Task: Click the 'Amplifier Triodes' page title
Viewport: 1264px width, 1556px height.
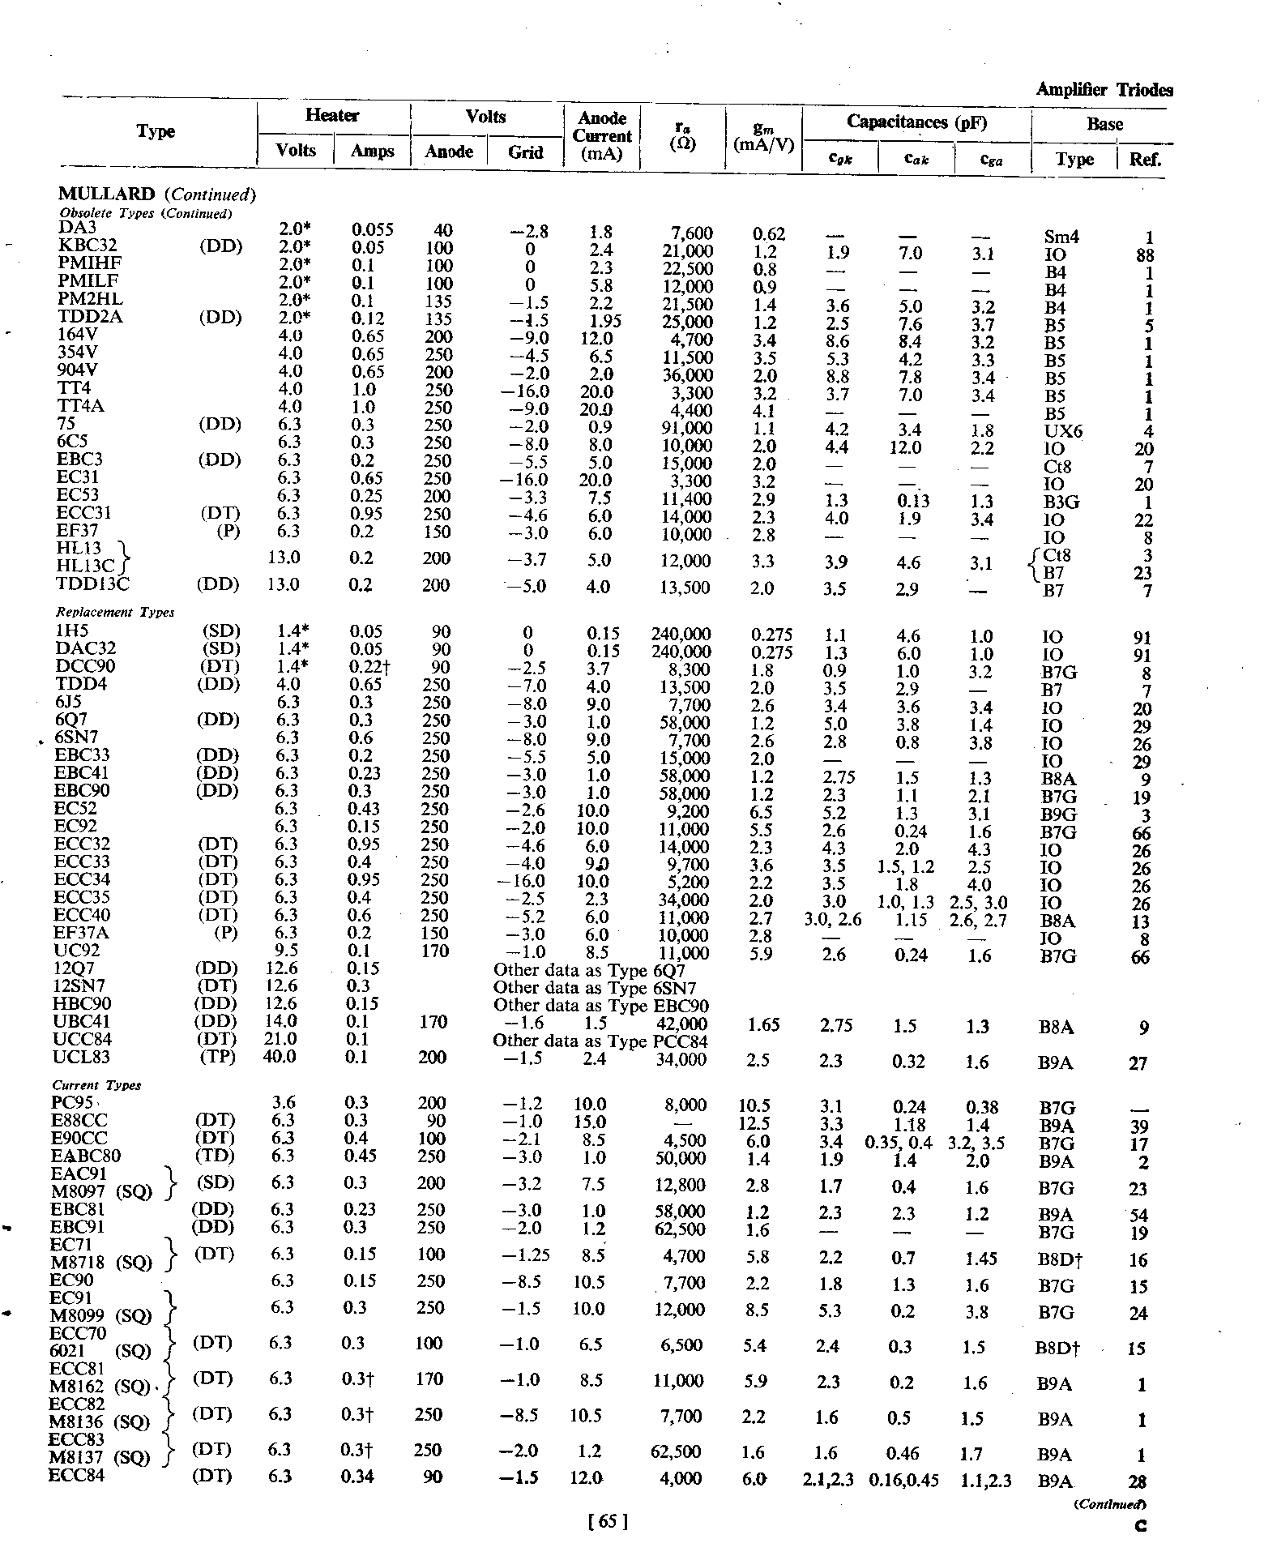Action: [1104, 90]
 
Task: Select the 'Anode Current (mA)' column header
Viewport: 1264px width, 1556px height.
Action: [602, 136]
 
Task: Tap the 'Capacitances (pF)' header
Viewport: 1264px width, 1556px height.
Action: [916, 122]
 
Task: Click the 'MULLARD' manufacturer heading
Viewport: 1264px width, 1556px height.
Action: [106, 194]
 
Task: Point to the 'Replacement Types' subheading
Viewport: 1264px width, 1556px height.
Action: [115, 613]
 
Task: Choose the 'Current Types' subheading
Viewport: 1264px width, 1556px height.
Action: [96, 1085]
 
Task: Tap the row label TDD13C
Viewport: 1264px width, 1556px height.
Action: [92, 583]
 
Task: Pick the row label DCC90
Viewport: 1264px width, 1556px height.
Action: [85, 666]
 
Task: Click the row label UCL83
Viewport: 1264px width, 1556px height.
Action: [82, 1058]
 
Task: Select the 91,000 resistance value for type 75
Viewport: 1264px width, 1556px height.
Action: [688, 428]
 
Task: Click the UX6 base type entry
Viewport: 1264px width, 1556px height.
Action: [1063, 432]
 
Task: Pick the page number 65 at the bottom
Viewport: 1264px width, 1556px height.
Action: [608, 1522]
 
